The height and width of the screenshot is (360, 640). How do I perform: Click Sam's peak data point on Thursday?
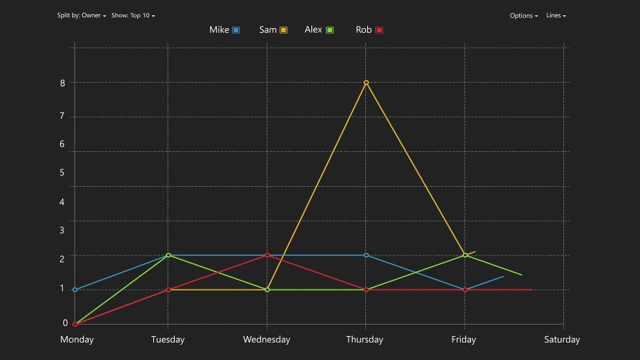[366, 83]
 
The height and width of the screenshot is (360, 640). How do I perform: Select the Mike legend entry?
[224, 30]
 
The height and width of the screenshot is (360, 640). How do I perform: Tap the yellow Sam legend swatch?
[283, 30]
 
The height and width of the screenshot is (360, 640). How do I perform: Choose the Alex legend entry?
[319, 30]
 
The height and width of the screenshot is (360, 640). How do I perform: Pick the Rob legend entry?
[369, 30]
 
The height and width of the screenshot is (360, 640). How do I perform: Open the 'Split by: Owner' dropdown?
[81, 15]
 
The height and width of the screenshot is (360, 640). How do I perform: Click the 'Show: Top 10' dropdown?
[133, 15]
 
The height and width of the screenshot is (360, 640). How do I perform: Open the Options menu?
[523, 15]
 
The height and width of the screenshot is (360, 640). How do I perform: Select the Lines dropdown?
[556, 15]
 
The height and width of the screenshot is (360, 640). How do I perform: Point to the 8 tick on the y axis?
[62, 83]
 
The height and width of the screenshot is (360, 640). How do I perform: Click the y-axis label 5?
[62, 173]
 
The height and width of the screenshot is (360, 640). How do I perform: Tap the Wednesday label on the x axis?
[267, 339]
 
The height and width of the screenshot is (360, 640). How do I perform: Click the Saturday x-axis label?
[562, 339]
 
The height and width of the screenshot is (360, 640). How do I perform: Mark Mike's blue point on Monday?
[75, 290]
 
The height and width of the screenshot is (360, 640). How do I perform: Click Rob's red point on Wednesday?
[267, 255]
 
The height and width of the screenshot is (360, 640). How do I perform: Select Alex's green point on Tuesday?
[168, 255]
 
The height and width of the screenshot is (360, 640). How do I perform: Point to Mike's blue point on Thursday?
[366, 255]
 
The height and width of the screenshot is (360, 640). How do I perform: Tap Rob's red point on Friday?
[465, 290]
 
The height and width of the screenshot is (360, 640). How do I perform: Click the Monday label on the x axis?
[77, 339]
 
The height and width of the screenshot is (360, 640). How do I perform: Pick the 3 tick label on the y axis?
[62, 230]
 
